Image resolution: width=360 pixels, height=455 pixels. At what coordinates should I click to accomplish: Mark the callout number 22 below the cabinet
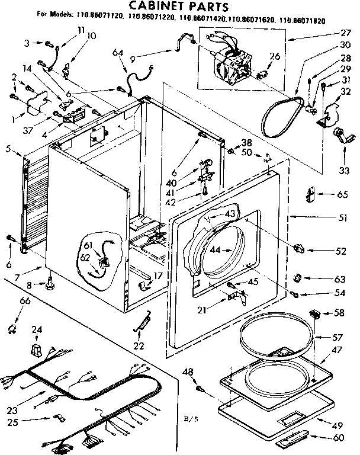click(x=138, y=345)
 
